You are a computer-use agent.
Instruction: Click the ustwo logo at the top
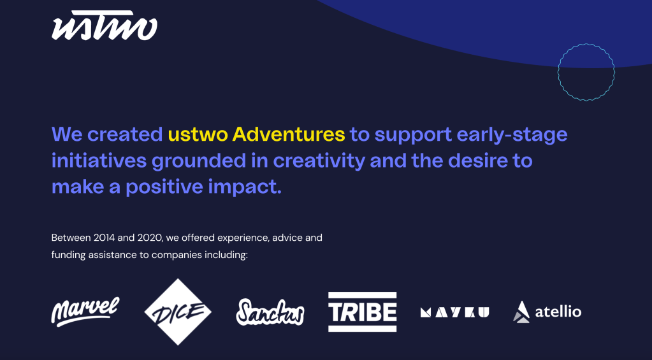[105, 25]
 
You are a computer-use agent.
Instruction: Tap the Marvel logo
[85, 312]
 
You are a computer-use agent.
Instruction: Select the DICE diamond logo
[178, 312]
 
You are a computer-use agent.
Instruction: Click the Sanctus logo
[270, 312]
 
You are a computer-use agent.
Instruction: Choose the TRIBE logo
[362, 312]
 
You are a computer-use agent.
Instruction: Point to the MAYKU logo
[455, 312]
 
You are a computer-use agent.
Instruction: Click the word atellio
[558, 312]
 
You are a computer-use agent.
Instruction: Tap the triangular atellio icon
[521, 312]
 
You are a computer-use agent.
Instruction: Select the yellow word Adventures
[289, 134]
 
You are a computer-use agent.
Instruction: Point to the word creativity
[319, 161]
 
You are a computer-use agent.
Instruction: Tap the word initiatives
[99, 161]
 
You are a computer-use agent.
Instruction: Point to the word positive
[164, 187]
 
